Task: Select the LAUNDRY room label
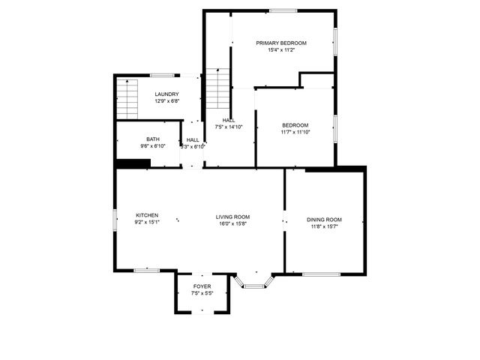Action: pyautogui.click(x=166, y=94)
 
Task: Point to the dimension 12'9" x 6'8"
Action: pyautogui.click(x=166, y=101)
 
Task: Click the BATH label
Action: pyautogui.click(x=152, y=139)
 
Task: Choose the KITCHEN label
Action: pyautogui.click(x=146, y=215)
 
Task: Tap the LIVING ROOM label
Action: pyautogui.click(x=233, y=216)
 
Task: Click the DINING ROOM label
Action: pyautogui.click(x=323, y=219)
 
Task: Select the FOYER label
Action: pyautogui.click(x=202, y=286)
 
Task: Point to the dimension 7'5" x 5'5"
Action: pyautogui.click(x=202, y=294)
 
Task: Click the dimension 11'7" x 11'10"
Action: pyautogui.click(x=295, y=132)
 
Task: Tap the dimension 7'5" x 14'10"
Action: pyautogui.click(x=229, y=127)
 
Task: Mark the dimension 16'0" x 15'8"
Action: pyautogui.click(x=233, y=223)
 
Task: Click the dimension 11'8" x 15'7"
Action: pyautogui.click(x=323, y=226)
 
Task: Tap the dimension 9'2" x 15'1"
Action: pyautogui.click(x=146, y=223)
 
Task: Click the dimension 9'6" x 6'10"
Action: pyautogui.click(x=152, y=146)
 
